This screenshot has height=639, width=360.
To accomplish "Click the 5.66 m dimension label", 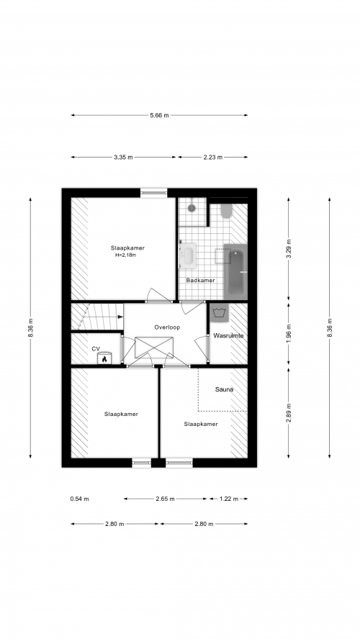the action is pyautogui.click(x=159, y=115).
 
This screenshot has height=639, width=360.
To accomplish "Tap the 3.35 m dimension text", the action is pyautogui.click(x=123, y=158).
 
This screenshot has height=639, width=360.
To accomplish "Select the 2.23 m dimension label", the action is pyautogui.click(x=213, y=158).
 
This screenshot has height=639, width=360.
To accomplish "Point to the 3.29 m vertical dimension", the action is pyautogui.click(x=289, y=250).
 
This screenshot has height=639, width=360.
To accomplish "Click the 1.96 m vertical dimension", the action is pyautogui.click(x=289, y=333).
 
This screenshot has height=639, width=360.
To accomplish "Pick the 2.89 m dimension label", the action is pyautogui.click(x=289, y=413).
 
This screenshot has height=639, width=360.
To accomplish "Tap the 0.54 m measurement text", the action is pyautogui.click(x=79, y=499).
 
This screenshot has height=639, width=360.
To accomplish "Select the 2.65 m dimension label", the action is pyautogui.click(x=165, y=499).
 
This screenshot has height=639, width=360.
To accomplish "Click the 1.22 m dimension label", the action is pyautogui.click(x=229, y=499).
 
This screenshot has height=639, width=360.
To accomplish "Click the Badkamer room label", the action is pyautogui.click(x=200, y=281).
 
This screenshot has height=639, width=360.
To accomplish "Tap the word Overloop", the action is pyautogui.click(x=167, y=327).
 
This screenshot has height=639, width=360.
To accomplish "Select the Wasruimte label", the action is pyautogui.click(x=228, y=336).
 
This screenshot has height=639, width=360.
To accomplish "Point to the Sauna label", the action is pyautogui.click(x=224, y=389).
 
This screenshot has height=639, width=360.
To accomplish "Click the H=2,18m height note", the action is pyautogui.click(x=125, y=255).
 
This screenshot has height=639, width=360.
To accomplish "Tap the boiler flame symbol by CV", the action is pyautogui.click(x=104, y=359).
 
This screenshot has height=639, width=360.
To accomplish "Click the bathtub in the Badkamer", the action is pyautogui.click(x=235, y=272).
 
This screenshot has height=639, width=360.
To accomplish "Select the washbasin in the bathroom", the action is pyautogui.click(x=189, y=255).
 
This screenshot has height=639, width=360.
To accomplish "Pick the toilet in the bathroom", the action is pyautogui.click(x=227, y=211).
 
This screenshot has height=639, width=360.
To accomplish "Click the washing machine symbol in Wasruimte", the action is pyautogui.click(x=220, y=312).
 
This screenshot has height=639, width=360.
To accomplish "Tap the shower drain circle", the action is pyautogui.click(x=192, y=208).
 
